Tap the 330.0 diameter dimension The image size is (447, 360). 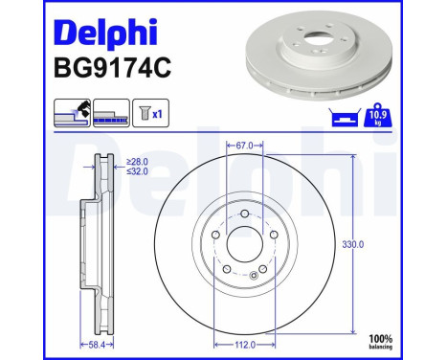(354, 245)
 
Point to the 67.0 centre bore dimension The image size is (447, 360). (244, 146)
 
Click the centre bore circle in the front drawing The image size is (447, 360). (244, 244)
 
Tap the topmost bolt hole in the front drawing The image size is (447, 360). (244, 214)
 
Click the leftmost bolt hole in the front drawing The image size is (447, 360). (214, 235)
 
